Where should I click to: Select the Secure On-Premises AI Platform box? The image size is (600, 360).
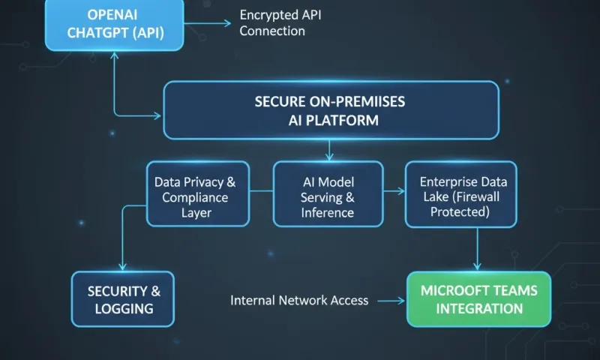click(331, 110)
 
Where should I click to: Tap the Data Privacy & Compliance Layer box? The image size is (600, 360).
click(198, 193)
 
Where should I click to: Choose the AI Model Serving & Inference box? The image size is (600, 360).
click(327, 193)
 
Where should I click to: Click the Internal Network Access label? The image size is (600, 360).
click(299, 300)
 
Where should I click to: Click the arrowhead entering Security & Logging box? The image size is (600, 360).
click(122, 267)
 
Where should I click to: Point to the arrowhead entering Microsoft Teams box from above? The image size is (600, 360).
click(477, 267)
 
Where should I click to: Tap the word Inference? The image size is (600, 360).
click(327, 212)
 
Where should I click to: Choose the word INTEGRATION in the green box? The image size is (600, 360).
click(479, 308)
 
